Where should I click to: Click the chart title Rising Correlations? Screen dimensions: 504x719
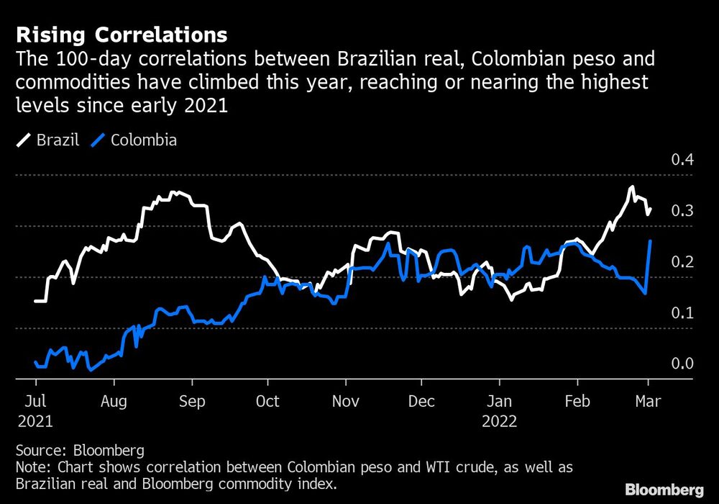122,35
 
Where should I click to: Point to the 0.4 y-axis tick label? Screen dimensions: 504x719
682,160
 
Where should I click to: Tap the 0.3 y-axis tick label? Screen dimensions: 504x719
682,211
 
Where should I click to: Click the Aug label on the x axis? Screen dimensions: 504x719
114,402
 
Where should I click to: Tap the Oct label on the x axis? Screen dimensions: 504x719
267,402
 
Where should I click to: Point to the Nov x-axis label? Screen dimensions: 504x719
346,402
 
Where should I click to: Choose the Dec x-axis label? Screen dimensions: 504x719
421,402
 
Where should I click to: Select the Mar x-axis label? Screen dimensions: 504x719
649,402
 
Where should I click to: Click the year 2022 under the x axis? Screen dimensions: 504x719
500,421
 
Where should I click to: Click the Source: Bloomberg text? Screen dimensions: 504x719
80,451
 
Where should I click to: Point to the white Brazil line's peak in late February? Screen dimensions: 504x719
631,187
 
